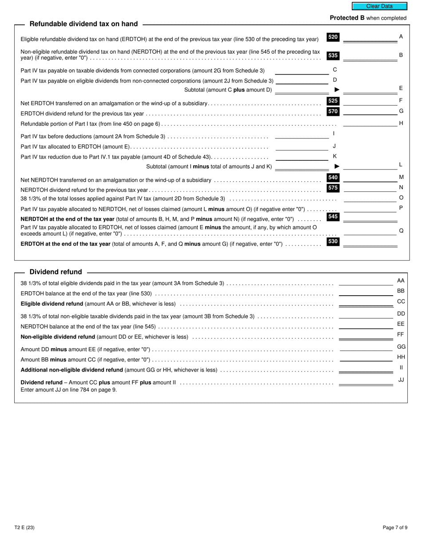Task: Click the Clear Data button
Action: click(x=379, y=6)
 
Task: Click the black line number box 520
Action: click(x=333, y=37)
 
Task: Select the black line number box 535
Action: click(x=333, y=55)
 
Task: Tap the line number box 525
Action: click(x=333, y=101)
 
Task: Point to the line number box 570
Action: click(x=333, y=111)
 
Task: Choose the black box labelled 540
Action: click(x=333, y=178)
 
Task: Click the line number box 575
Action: click(x=333, y=188)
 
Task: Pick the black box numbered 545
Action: click(x=333, y=217)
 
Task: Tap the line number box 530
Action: click(x=333, y=241)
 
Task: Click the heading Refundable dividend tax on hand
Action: click(x=84, y=24)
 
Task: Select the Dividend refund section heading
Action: click(x=56, y=272)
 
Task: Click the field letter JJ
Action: click(x=401, y=380)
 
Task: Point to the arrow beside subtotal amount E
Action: click(x=337, y=90)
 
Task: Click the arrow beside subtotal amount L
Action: click(x=337, y=166)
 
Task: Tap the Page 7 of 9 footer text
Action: click(x=395, y=528)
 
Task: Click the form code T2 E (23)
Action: click(x=24, y=528)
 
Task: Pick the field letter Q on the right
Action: click(x=401, y=231)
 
